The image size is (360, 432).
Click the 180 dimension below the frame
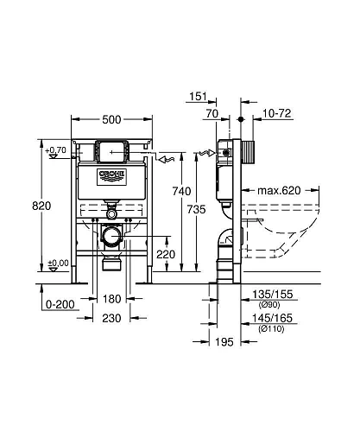click(109, 299)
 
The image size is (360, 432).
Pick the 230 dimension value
click(109, 318)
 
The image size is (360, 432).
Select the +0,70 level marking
click(57, 150)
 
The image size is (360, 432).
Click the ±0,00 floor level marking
click(57, 263)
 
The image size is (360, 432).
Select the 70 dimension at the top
click(211, 114)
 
